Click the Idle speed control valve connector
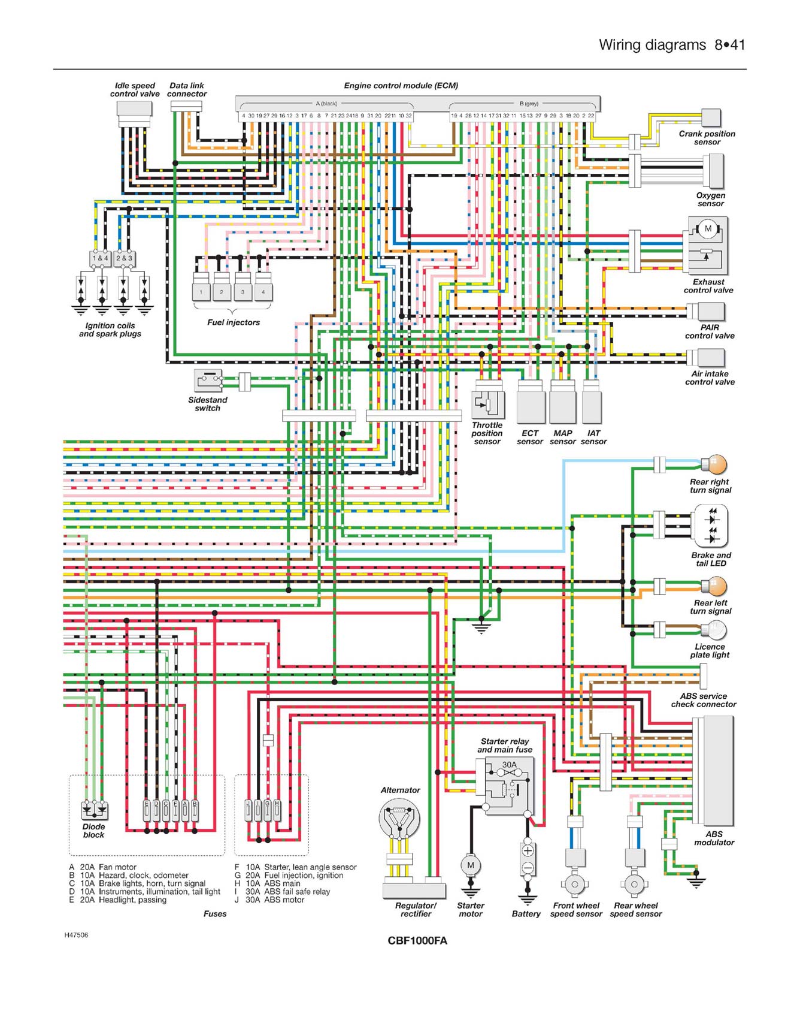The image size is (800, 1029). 134,110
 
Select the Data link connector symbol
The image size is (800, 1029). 186,106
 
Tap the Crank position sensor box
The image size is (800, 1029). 711,117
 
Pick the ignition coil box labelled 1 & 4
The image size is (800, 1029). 100,258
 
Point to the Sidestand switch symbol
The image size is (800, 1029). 208,380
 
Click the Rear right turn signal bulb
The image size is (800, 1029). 714,464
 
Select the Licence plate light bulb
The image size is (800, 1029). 715,630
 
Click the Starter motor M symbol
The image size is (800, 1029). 471,865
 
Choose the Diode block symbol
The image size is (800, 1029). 95,810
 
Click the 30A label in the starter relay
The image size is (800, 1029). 509,765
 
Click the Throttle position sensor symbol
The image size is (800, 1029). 488,405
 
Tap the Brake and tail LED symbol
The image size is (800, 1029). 711,526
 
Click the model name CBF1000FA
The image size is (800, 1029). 417,940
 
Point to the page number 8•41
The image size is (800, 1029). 729,45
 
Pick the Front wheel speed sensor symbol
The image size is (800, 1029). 575,883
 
